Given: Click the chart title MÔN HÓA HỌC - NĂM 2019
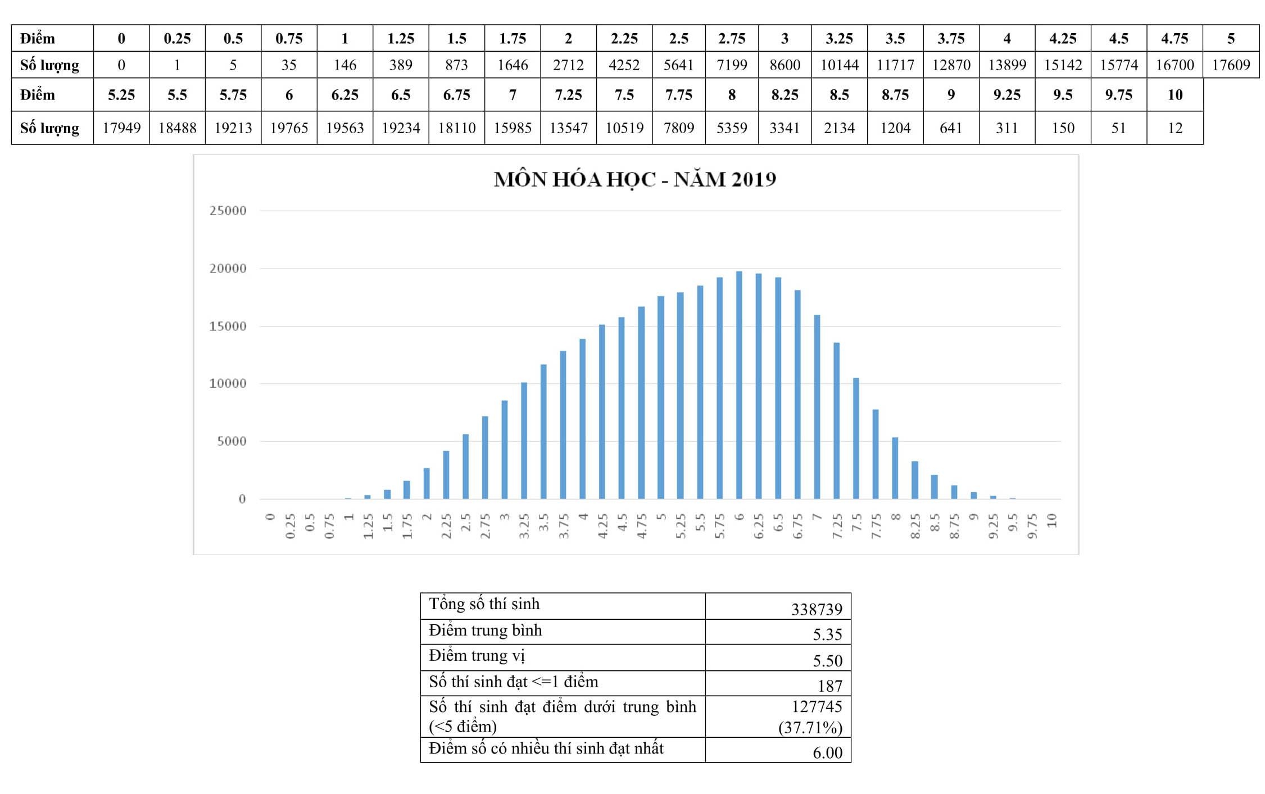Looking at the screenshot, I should (634, 179).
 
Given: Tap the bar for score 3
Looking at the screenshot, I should (505, 450).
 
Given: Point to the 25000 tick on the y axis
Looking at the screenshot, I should (228, 211).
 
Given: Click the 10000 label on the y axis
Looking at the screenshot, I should (228, 384).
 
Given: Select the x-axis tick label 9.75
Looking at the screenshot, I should (1032, 526).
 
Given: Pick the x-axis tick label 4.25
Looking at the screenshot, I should (602, 526).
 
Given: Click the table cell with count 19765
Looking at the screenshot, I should (289, 128).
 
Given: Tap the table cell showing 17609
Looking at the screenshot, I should (1231, 65).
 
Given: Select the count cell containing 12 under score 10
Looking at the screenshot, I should (1175, 128).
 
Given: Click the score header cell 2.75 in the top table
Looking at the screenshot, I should (731, 39).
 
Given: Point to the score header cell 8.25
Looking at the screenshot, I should (785, 95).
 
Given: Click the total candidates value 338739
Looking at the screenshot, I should (817, 609).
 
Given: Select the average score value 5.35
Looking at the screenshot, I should (827, 634).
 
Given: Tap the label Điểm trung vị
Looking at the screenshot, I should (477, 656).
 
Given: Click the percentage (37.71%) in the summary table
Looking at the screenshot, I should (810, 728).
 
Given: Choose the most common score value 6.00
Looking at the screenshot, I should (827, 752).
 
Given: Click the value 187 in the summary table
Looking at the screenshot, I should (829, 686).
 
